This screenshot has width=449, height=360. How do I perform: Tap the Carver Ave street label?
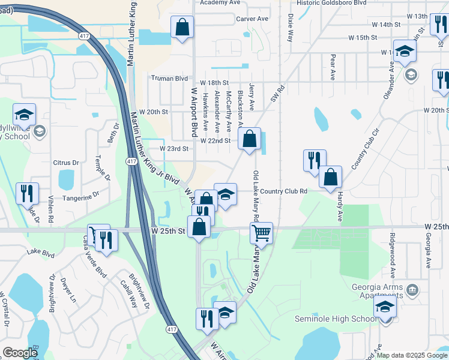[x=252, y=19]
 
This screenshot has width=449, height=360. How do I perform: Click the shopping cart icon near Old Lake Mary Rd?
[x=262, y=232]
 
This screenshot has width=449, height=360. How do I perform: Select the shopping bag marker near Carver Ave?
[x=182, y=27]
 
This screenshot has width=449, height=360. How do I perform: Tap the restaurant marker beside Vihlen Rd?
[x=26, y=193]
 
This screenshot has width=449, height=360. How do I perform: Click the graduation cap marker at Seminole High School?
[x=385, y=308]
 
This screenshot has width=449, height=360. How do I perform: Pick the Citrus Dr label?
[x=66, y=163]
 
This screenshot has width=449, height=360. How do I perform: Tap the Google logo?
[x=20, y=353]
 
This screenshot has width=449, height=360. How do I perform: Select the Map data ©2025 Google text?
[x=412, y=355]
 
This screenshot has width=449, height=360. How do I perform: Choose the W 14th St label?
[x=386, y=25]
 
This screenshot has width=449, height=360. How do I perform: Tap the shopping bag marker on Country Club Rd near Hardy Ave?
[x=330, y=177]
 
